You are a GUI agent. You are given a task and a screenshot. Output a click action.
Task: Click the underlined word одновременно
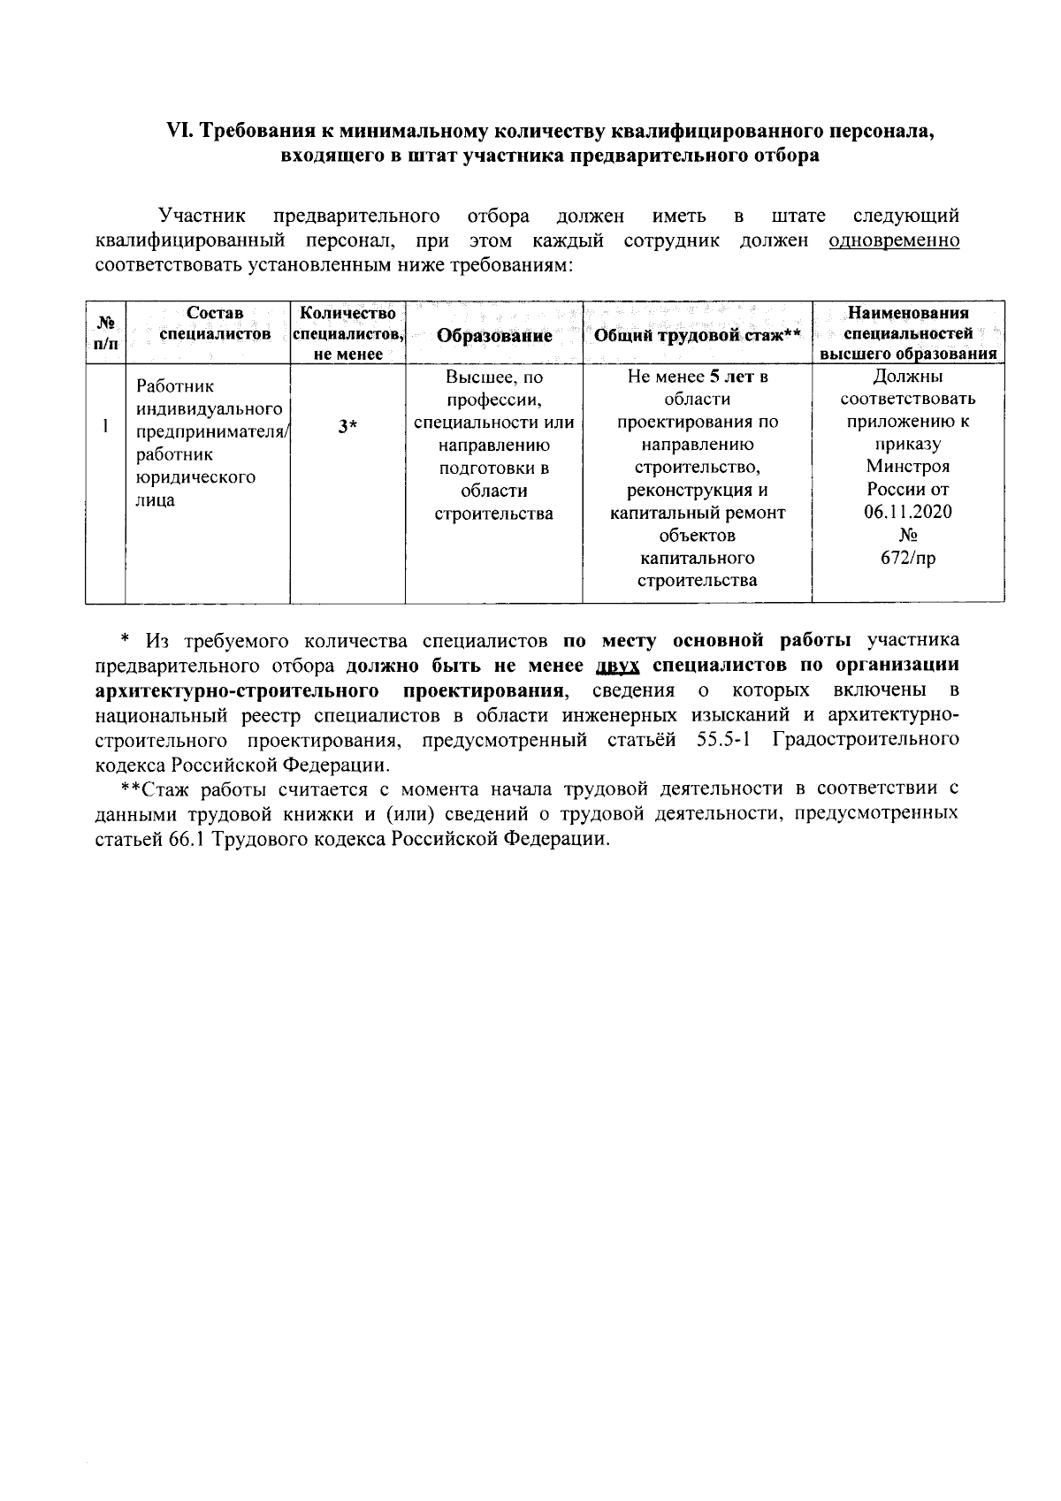[x=894, y=240]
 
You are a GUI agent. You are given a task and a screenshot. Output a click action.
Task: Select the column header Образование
[x=494, y=336]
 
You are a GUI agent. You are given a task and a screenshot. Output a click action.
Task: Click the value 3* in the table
[x=347, y=427]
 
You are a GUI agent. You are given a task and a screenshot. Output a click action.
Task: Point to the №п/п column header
[x=105, y=332]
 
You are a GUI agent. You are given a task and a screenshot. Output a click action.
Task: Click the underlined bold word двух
[x=618, y=665]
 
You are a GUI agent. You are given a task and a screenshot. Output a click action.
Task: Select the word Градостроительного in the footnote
[x=866, y=739]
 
